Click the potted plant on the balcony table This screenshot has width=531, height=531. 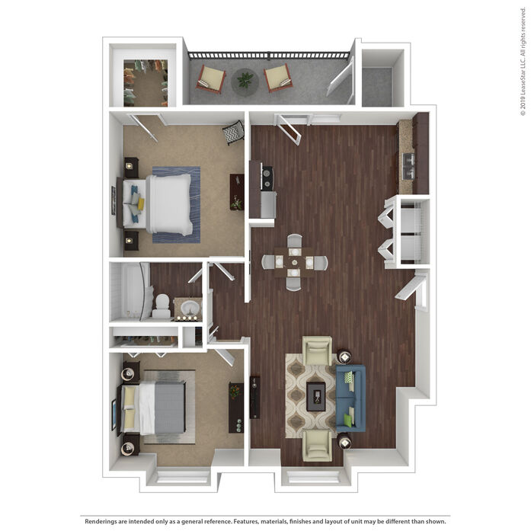245,80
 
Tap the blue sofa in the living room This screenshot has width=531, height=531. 351,398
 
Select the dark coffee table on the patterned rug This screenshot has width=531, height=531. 316,397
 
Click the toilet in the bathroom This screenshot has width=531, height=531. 162,306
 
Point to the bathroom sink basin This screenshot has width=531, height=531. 190,308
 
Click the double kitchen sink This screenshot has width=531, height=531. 409,166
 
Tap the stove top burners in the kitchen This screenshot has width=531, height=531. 267,178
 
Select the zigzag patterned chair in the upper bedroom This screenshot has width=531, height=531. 233,132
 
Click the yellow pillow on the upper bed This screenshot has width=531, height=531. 141,203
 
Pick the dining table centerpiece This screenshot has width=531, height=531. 294,262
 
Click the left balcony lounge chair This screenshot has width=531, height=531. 210,79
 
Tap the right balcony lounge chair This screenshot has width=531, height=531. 278,78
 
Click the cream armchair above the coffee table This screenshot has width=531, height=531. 317,351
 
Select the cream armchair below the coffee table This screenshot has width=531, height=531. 317,446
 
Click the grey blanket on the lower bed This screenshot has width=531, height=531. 170,408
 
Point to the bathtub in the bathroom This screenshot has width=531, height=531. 130,292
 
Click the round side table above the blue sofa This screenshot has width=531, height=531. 345,357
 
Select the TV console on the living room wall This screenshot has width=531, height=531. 254,397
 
